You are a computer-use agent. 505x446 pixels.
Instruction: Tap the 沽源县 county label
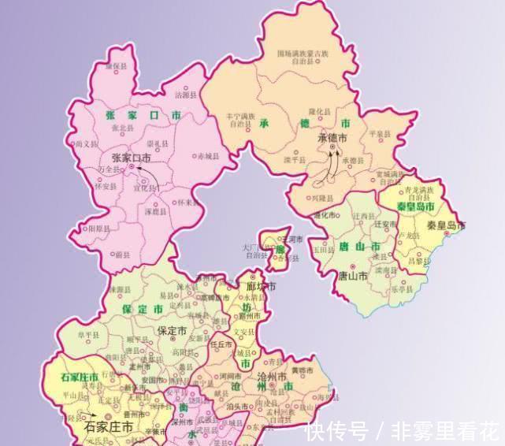(x=182, y=95)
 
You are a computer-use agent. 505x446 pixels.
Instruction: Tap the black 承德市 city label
(x=331, y=138)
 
